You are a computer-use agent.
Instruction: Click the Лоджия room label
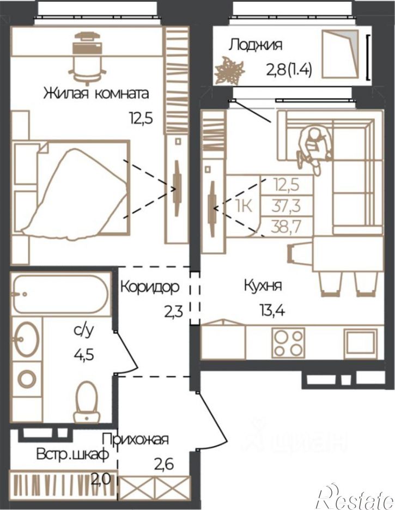[x=255, y=45]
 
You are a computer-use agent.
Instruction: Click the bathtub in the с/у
[x=60, y=294]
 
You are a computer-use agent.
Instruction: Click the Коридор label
[x=150, y=287]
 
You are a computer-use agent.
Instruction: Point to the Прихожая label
[x=136, y=440]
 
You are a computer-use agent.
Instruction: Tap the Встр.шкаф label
[x=72, y=455]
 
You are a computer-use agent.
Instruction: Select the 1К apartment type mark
[x=244, y=205]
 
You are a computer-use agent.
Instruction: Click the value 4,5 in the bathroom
[x=83, y=355]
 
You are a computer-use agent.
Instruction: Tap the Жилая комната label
[x=96, y=93]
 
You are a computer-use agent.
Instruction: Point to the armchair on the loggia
[x=340, y=53]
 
